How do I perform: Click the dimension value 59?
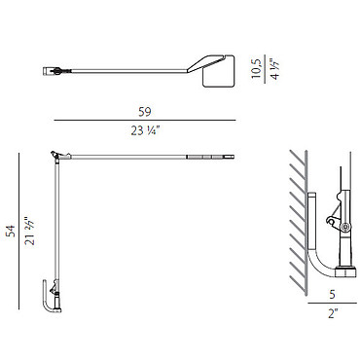tap(145, 112)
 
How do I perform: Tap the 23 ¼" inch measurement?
tap(145, 130)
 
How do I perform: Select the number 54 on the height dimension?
tap(12, 231)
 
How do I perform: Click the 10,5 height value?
tap(256, 68)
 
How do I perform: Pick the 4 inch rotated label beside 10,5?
tap(275, 70)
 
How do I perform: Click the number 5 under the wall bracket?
tap(332, 295)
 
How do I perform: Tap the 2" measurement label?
tap(333, 313)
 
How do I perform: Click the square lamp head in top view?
tap(219, 71)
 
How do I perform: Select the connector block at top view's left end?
tap(48, 71)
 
